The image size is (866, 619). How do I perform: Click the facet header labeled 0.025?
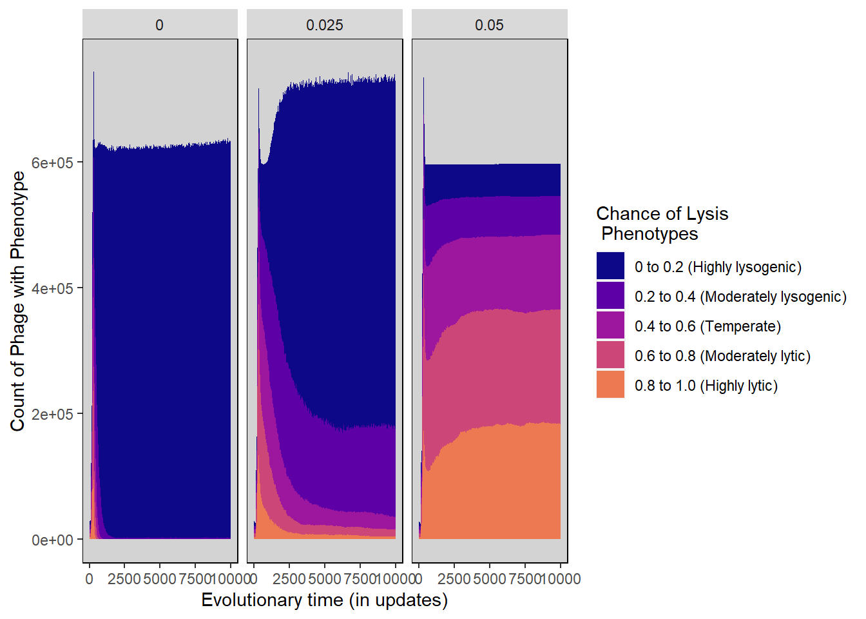325,25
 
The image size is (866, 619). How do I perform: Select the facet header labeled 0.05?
489,25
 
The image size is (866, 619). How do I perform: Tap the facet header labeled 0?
159,25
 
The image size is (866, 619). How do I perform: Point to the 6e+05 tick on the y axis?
52,162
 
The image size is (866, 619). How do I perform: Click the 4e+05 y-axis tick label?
52,288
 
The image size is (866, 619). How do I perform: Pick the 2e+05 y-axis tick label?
52,414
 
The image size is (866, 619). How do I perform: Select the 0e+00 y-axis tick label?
52,540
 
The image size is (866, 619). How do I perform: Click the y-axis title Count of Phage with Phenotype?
18,301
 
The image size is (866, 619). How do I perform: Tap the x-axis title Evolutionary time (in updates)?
324,600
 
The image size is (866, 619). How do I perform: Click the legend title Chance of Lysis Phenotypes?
662,223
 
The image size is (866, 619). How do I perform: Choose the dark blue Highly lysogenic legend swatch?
610,266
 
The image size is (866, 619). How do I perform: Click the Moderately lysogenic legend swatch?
610,295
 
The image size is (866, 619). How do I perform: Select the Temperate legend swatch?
610,325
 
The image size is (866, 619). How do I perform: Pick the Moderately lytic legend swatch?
610,355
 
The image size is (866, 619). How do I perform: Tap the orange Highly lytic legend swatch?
610,384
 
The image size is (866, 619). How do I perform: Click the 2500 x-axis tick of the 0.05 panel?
454,579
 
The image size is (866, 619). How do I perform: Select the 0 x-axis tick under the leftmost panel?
89,579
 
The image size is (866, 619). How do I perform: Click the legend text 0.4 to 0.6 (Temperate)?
707,326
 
